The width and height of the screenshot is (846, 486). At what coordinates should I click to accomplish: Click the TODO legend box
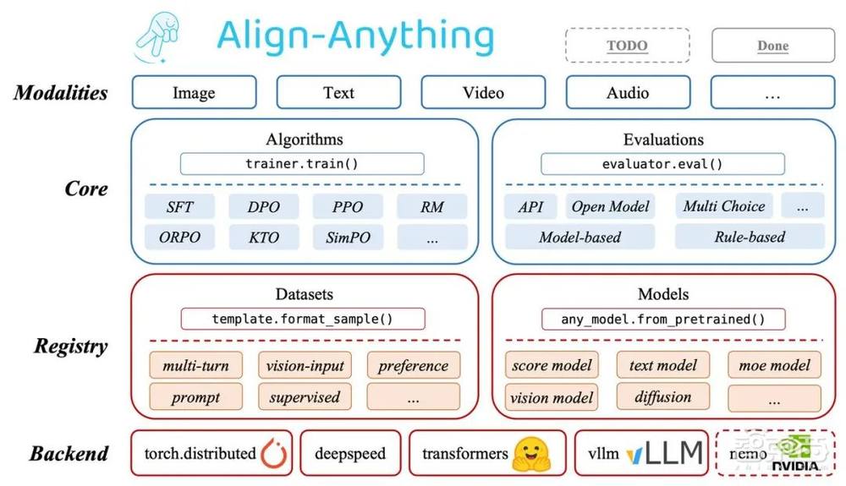point(627,46)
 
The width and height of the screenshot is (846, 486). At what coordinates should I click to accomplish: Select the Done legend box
point(772,46)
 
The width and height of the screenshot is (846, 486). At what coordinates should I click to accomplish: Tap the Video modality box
point(483,93)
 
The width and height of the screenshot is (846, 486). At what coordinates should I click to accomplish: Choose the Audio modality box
point(628,93)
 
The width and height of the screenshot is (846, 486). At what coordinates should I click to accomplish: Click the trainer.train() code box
point(302,164)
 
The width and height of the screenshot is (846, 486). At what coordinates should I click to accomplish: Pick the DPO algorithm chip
point(263,207)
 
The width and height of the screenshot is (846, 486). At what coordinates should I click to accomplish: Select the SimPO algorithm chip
point(348,238)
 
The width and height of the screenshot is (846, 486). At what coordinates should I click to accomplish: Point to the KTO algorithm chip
point(263,238)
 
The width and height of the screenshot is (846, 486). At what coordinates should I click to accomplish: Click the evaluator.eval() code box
point(662,164)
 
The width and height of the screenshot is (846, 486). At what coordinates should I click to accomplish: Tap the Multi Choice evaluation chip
point(724,206)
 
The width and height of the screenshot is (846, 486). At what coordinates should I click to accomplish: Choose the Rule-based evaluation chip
point(750,238)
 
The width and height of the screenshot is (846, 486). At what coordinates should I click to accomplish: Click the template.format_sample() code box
point(302,319)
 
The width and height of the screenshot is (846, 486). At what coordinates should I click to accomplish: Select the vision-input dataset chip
point(305,366)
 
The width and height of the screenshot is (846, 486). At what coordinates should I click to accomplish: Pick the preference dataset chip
point(414,366)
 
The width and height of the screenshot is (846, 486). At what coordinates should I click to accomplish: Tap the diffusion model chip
point(662,396)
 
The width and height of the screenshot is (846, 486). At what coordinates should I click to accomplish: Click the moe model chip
point(774,366)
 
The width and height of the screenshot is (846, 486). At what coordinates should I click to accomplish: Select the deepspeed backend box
point(350,454)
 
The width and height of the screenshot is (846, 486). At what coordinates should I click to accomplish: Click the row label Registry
point(71,346)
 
